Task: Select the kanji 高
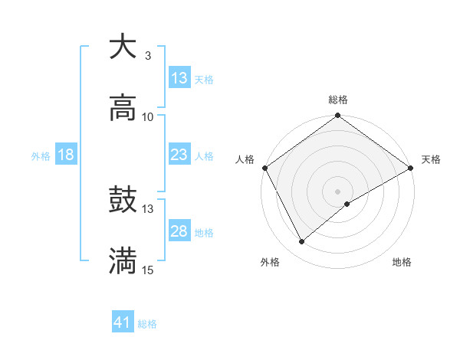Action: [x=123, y=108]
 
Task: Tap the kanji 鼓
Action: [x=123, y=201]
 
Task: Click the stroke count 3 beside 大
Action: [x=147, y=55]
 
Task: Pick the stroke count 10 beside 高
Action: [x=148, y=117]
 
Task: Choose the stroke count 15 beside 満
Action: [x=148, y=270]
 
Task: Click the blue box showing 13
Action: [x=179, y=78]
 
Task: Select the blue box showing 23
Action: [x=179, y=155]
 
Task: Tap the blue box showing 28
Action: [x=179, y=231]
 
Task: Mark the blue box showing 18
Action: [x=66, y=155]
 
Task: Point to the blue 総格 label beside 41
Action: [x=147, y=324]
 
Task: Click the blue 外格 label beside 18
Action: [x=41, y=156]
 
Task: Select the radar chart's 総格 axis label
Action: [x=338, y=100]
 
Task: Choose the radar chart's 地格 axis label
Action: [x=402, y=262]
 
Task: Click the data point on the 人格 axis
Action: [x=264, y=168]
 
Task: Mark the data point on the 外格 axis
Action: [x=302, y=242]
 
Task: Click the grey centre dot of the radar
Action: [x=338, y=191]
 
